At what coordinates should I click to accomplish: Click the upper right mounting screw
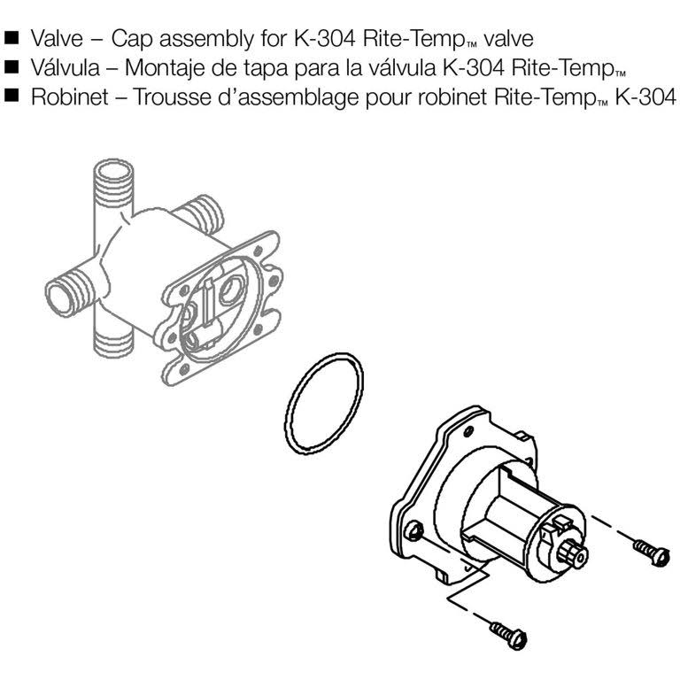coord(652,551)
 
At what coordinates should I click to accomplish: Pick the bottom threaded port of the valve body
coord(113,344)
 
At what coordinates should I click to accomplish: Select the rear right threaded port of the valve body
coord(203,213)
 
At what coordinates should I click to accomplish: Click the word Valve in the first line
coord(57,39)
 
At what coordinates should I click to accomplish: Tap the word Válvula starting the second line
coord(65,68)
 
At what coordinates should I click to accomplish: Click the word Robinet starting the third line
coord(69,97)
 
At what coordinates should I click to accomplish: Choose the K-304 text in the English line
coord(325,39)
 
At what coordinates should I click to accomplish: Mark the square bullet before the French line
coord(12,96)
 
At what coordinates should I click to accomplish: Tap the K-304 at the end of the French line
coord(645,97)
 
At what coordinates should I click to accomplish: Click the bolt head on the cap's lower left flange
coord(414,531)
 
